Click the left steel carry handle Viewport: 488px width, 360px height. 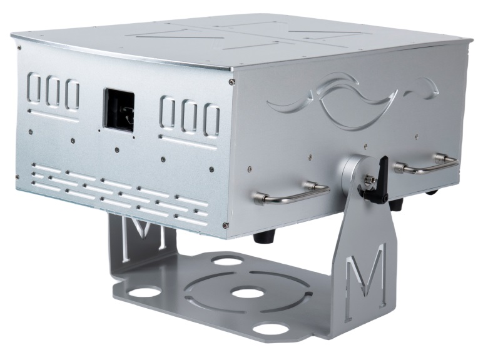pos(292,193)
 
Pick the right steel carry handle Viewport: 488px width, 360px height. pos(427,164)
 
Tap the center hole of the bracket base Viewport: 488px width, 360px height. pos(247,294)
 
